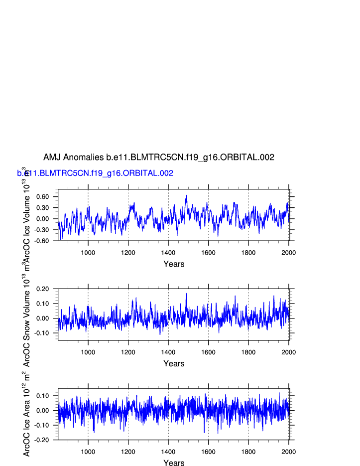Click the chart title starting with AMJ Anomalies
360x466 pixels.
[159, 157]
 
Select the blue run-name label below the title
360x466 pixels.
[95, 173]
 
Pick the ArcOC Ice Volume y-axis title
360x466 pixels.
[27, 219]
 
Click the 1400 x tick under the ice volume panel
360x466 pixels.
[168, 253]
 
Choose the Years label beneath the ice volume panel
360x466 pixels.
[174, 264]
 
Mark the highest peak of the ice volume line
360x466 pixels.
[187, 196]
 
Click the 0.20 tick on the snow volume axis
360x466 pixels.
[43, 289]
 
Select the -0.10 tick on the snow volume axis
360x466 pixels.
[42, 333]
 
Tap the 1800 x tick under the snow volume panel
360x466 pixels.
[248, 352]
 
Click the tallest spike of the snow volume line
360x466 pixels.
[187, 294]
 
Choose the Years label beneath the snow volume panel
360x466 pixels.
[174, 364]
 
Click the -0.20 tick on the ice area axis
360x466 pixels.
[42, 440]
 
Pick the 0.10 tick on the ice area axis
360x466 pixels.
[43, 396]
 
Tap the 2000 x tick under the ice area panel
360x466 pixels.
[289, 452]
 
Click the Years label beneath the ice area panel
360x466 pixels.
[174, 463]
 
